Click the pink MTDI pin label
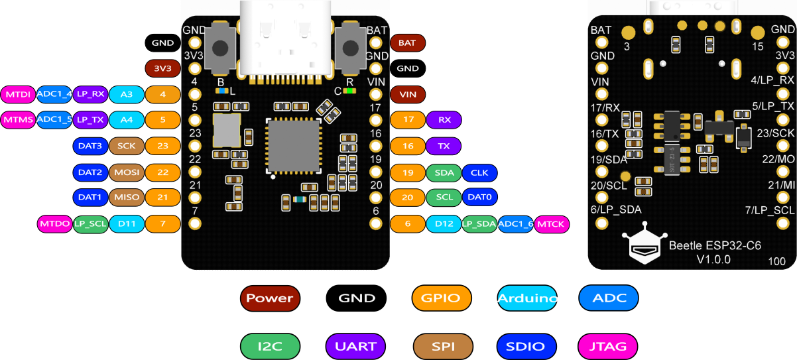coord(18,94)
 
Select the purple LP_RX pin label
coord(90,94)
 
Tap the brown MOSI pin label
coord(127,172)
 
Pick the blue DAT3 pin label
coord(90,146)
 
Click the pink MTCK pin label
coord(552,224)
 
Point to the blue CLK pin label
coord(479,173)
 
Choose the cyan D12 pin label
coord(444,224)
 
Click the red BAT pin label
coord(408,43)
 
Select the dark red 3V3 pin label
coord(163,68)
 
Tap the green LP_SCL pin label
coord(90,224)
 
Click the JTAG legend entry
coord(608,347)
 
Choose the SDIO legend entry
coord(526,347)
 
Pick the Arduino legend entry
coord(527,298)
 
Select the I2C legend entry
coord(270,347)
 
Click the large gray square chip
coord(294,146)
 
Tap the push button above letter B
coord(220,48)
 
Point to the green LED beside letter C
coord(349,91)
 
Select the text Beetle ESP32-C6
coord(715,246)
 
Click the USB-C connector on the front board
coord(285,39)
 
